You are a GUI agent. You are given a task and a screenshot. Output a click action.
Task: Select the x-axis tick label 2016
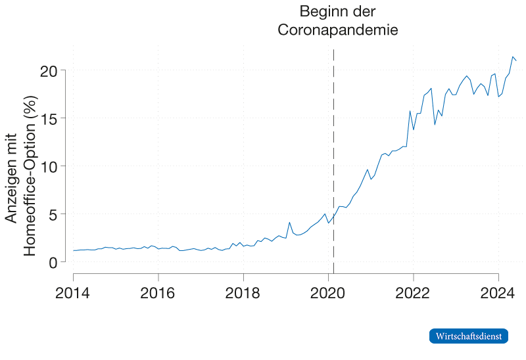click(158, 291)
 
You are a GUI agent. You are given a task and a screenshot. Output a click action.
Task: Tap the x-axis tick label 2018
click(243, 291)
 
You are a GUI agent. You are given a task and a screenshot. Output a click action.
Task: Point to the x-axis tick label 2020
click(328, 291)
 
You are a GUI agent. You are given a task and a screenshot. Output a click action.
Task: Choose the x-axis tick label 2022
click(413, 291)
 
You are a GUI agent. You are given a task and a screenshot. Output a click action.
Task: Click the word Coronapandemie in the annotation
click(338, 30)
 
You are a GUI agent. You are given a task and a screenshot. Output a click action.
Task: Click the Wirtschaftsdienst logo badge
click(469, 336)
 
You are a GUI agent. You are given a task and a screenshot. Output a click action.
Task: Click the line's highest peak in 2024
click(513, 56)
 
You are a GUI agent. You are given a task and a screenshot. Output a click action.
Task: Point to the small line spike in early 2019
click(289, 222)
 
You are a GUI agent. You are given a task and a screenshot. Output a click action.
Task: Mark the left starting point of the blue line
click(73, 250)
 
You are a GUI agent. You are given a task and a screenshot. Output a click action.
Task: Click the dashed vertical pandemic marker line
click(333, 164)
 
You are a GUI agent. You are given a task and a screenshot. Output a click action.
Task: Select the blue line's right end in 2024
click(517, 60)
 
